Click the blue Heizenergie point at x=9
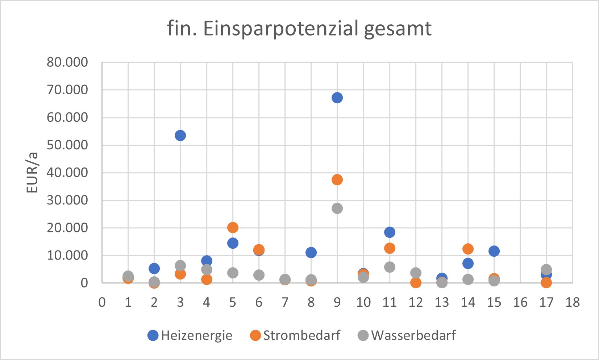(337, 98)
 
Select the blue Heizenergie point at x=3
(180, 136)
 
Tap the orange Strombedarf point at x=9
(337, 180)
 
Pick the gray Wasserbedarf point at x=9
(337, 208)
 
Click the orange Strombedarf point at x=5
(233, 227)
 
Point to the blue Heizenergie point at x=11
(390, 232)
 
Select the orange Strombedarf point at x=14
(468, 249)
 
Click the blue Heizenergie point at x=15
(494, 251)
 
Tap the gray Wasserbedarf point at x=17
(546, 269)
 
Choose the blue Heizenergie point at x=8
(311, 252)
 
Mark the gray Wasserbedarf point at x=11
(390, 267)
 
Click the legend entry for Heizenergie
(190, 335)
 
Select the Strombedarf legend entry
(295, 335)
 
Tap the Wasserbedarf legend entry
(407, 335)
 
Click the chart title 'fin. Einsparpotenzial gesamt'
(299, 28)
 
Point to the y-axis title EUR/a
(32, 173)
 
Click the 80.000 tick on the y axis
(67, 62)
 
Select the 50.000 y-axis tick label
(67, 145)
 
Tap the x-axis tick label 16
(520, 302)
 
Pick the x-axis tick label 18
(573, 302)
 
